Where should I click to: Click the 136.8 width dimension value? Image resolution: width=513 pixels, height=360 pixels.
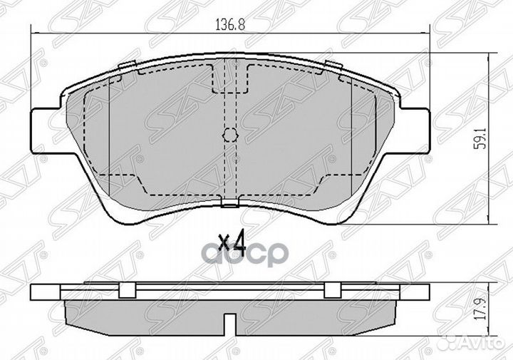pos(230,26)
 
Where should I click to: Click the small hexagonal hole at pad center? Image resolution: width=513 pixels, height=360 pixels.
pos(229,134)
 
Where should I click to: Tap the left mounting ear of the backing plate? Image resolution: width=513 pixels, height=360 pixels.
pos(46,131)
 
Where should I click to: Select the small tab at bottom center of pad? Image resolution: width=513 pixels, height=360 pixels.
pos(229,204)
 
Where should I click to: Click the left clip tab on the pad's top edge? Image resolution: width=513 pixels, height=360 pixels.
pos(127,65)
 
